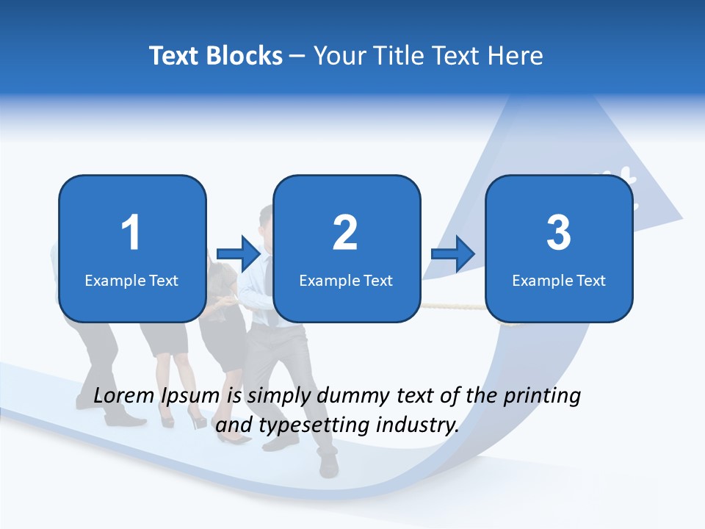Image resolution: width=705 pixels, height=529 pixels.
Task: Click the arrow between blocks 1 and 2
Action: (x=239, y=253)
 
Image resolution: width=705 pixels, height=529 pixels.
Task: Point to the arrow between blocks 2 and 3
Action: (x=454, y=253)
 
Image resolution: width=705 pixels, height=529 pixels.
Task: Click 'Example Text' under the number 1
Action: (x=131, y=280)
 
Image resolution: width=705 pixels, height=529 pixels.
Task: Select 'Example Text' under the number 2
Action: (x=346, y=280)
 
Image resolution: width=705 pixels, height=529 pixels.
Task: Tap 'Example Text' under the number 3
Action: (x=559, y=280)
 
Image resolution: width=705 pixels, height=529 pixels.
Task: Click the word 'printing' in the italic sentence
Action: (x=542, y=396)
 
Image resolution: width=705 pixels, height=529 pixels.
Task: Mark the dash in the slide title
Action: (x=298, y=57)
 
